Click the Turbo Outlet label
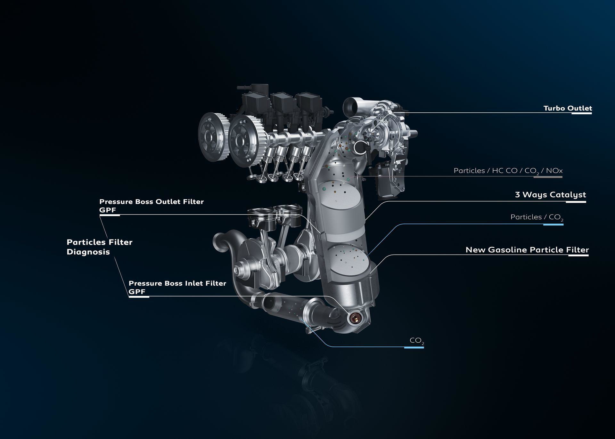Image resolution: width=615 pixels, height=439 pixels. [568, 108]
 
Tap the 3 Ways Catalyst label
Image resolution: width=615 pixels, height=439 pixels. [550, 195]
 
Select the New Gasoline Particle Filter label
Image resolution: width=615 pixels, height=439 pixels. [527, 250]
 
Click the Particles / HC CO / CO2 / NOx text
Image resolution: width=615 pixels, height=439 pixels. [508, 171]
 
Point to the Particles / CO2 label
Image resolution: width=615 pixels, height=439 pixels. [537, 217]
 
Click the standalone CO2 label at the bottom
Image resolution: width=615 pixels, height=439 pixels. [417, 341]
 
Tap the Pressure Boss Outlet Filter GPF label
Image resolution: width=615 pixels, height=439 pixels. [152, 206]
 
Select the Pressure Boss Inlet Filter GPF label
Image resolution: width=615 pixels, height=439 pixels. [177, 287]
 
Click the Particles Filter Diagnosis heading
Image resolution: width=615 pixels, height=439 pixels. [100, 247]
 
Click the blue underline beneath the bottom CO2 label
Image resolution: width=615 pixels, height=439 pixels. [414, 347]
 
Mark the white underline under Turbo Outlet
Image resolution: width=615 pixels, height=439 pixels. [582, 113]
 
